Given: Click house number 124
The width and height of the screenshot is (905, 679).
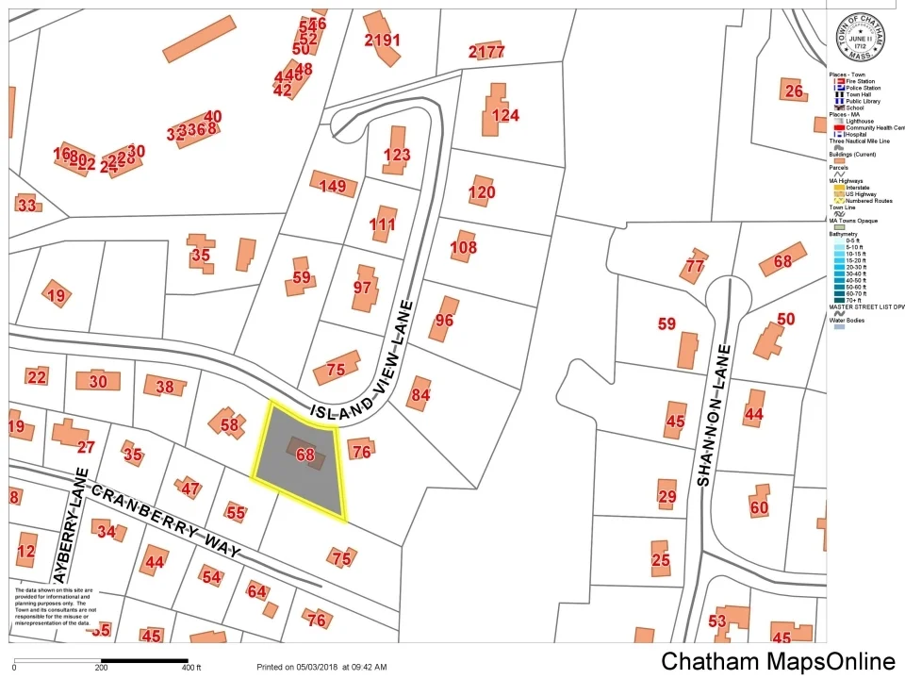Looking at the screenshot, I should point(505,116).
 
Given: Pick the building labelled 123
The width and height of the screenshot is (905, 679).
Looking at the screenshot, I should point(397,155).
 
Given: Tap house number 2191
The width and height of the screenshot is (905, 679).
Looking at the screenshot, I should point(382,40).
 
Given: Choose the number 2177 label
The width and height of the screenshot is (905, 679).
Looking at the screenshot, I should point(486,51).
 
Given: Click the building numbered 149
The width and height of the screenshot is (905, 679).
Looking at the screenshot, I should point(333,186).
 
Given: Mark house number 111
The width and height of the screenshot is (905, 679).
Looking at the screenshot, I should point(383,224).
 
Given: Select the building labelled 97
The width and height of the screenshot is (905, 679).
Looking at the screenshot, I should point(363,287).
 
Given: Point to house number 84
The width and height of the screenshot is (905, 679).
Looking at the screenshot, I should point(420,394).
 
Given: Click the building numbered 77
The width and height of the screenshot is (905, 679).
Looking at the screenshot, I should point(695,266).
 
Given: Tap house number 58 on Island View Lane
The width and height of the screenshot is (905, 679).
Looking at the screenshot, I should point(229,424).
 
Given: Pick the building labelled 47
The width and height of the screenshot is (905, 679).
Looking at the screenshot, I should point(190,489).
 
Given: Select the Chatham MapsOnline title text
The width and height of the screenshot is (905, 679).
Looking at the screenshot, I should point(778,662).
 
